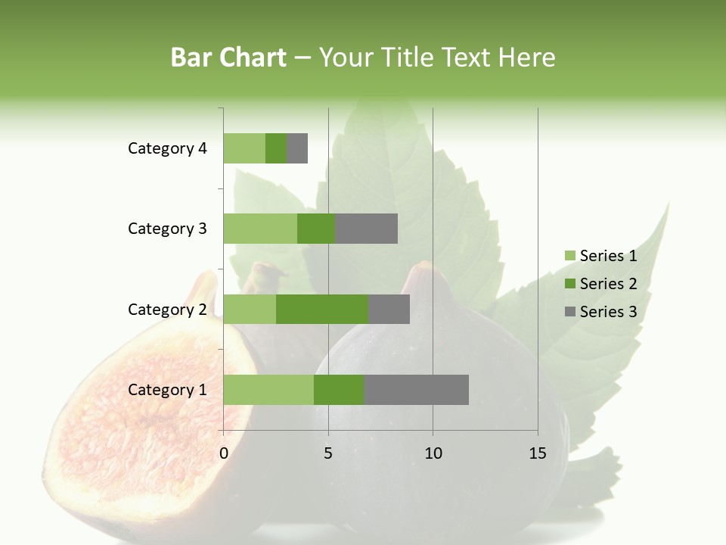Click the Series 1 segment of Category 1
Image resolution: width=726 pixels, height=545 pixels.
tap(268, 390)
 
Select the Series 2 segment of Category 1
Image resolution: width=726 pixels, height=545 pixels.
tap(339, 390)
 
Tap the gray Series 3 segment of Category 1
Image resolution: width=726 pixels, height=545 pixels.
tap(416, 390)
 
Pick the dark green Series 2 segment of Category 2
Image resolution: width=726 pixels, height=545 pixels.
tap(322, 309)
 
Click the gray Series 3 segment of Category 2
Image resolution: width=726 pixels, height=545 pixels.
tap(389, 309)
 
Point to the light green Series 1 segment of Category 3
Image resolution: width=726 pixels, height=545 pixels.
tap(260, 229)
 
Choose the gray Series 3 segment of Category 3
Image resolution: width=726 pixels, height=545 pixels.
tap(366, 229)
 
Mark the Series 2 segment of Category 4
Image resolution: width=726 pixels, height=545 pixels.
tap(276, 148)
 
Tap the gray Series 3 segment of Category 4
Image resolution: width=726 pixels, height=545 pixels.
tap(297, 148)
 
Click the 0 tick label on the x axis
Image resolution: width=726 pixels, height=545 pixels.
tap(224, 453)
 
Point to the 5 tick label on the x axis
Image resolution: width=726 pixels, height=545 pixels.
tap(328, 453)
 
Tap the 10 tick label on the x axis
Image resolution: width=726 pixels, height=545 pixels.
tap(433, 453)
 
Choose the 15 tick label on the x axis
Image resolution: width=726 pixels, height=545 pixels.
tap(537, 453)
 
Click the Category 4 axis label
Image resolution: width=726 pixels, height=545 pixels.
tap(167, 148)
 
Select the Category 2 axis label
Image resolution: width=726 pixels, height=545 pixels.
tap(167, 309)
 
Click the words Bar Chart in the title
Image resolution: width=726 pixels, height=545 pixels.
tap(228, 58)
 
